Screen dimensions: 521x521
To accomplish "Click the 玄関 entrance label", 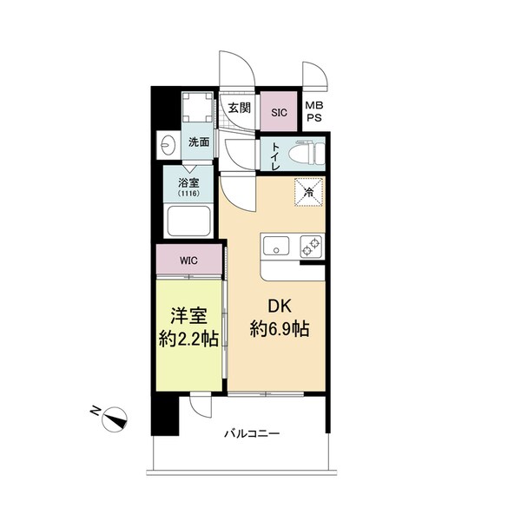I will coord(240,108).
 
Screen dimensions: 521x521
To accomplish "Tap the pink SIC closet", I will coord(279,112).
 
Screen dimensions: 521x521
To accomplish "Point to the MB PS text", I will coord(313,112).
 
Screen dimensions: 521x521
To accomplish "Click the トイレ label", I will coord(275,154).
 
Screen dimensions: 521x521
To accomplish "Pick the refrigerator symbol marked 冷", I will coord(308,192).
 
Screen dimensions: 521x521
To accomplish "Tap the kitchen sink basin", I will coord(275,246).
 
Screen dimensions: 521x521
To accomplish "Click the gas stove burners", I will coord(309,246).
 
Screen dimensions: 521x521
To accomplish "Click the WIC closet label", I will coord(188,259).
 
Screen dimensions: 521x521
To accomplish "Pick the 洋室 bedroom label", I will coord(187,316).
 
